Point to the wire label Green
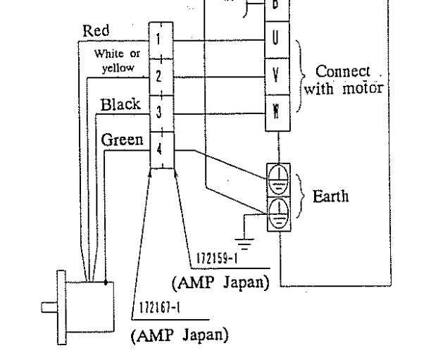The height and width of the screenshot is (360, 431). [x=122, y=139]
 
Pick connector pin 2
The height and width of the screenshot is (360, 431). [x=159, y=75]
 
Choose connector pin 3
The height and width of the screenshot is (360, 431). [x=159, y=112]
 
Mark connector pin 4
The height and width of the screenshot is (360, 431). [x=159, y=149]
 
